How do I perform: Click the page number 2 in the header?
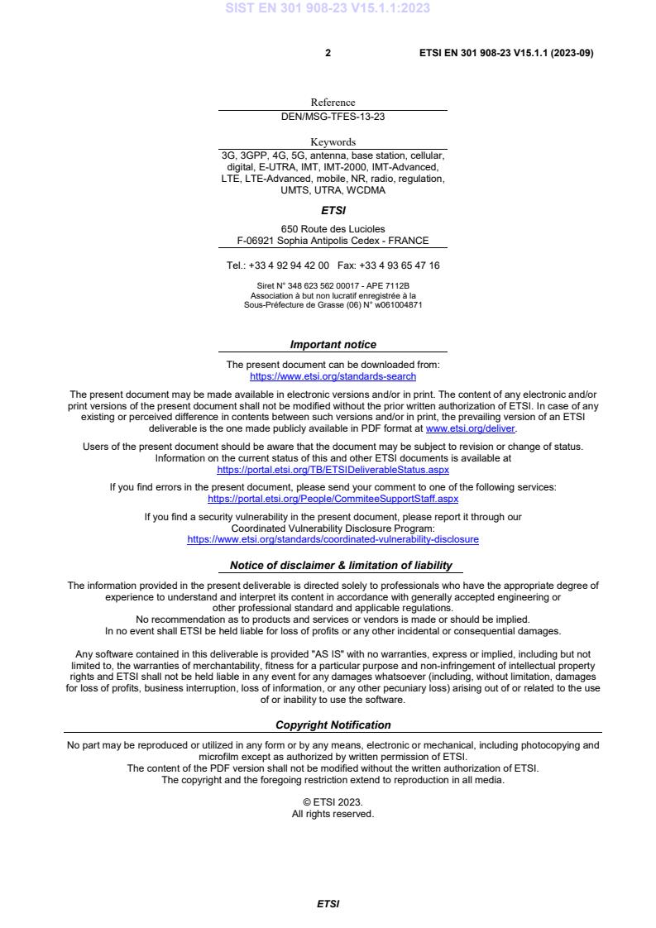(x=328, y=53)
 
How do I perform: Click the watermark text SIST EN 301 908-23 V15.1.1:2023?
(x=328, y=9)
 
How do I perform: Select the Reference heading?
(x=333, y=103)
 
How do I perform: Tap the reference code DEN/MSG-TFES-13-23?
(x=333, y=117)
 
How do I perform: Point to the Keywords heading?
(x=333, y=142)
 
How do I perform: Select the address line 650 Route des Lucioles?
(x=333, y=229)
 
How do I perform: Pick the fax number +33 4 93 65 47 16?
(x=400, y=265)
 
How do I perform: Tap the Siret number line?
(x=333, y=286)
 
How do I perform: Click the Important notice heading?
(x=333, y=345)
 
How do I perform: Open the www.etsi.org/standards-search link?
(x=333, y=376)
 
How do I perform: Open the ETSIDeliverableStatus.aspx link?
(x=333, y=469)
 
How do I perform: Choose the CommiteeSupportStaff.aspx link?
(x=333, y=499)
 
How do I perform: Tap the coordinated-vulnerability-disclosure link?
(x=333, y=539)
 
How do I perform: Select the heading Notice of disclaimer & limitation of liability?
(x=341, y=566)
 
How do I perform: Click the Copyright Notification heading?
(x=333, y=725)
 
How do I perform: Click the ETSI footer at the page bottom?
(x=328, y=904)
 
